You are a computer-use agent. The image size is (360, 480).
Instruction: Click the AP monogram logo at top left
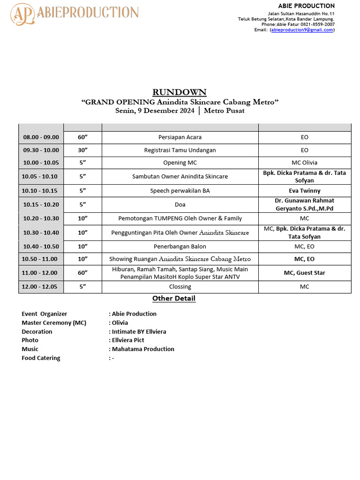[23, 14]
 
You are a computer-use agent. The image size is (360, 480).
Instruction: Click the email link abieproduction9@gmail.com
[302, 30]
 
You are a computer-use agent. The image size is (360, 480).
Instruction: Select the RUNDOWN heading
[180, 92]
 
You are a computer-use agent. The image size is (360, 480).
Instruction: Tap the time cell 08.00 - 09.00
[41, 137]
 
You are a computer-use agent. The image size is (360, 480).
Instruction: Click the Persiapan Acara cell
[180, 137]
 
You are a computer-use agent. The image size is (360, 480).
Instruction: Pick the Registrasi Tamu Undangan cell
[180, 150]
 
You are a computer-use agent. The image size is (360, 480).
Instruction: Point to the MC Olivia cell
[305, 163]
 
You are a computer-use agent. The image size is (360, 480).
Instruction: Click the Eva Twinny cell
[305, 191]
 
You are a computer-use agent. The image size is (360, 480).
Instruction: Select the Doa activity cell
[180, 204]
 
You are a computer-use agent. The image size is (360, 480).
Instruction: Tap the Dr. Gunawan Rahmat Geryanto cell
[305, 204]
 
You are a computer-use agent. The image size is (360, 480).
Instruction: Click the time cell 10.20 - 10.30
[41, 218]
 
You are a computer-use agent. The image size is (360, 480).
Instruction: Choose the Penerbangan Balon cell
[180, 247]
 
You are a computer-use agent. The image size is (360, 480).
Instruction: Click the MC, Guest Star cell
[305, 273]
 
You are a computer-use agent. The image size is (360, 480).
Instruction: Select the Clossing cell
[180, 287]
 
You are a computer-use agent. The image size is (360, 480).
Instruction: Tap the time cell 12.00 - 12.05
[41, 287]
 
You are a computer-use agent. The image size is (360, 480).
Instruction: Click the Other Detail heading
[174, 299]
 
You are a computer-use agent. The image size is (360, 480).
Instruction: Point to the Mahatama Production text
[143, 349]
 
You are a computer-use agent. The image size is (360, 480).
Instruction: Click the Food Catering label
[41, 358]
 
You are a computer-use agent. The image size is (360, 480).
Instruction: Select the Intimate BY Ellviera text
[139, 331]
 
